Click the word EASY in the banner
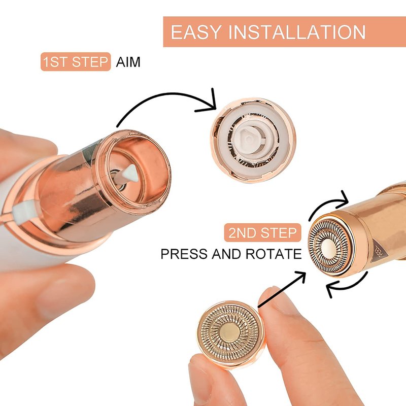[x=196, y=32]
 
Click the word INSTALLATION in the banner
[x=297, y=32]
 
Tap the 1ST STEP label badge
[x=76, y=61]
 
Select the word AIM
[x=128, y=62]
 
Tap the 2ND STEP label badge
[x=262, y=232]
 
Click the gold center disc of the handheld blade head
[x=229, y=332]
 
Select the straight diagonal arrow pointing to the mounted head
[x=282, y=289]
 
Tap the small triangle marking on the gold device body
[x=380, y=250]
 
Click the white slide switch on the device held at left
[x=22, y=211]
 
